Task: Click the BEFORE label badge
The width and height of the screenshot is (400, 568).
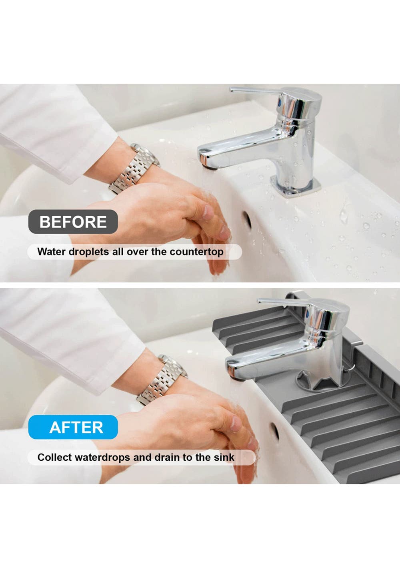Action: pyautogui.click(x=73, y=222)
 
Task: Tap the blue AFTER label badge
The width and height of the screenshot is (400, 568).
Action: pyautogui.click(x=73, y=427)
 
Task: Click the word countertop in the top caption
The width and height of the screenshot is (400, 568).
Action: pyautogui.click(x=196, y=252)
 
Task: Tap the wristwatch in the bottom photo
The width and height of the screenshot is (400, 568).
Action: pyautogui.click(x=162, y=379)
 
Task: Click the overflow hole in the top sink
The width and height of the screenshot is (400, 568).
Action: pyautogui.click(x=246, y=220)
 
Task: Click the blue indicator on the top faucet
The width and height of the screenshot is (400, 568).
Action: pyautogui.click(x=280, y=101)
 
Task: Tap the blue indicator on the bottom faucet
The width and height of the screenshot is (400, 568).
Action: pyautogui.click(x=307, y=313)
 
